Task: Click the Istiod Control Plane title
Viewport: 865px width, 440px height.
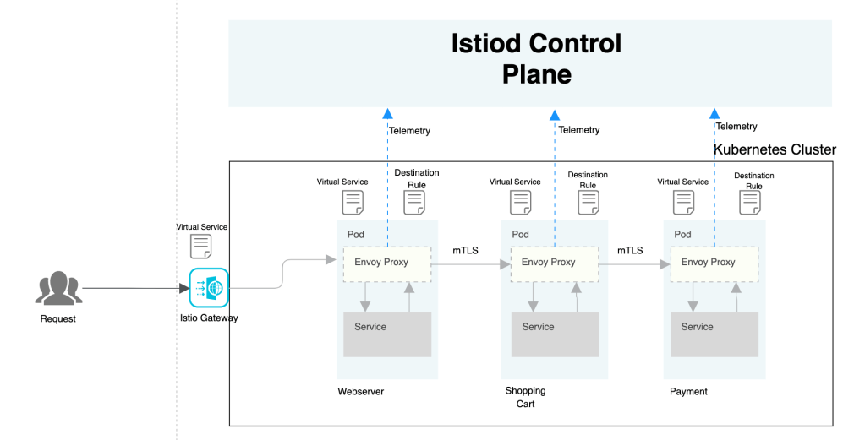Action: pos(537,58)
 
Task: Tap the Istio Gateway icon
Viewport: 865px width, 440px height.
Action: pos(208,288)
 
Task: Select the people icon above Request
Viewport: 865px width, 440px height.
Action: pos(58,289)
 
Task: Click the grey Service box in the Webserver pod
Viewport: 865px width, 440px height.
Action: pos(386,334)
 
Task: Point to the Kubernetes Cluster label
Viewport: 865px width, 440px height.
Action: pos(775,149)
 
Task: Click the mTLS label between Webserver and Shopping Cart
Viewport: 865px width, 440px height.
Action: pos(465,250)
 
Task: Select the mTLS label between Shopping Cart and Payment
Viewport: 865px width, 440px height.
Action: pos(630,250)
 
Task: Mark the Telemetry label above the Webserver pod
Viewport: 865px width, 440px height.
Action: pos(409,130)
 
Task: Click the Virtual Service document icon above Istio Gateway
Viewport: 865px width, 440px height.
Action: pos(201,246)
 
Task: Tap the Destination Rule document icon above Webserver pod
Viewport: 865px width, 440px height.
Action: pos(414,202)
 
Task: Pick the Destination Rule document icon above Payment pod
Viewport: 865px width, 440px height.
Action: pos(750,202)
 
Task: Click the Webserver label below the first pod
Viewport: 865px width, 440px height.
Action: pos(360,391)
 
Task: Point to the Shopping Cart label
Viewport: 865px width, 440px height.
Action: pos(525,397)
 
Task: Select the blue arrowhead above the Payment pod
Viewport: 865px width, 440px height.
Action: pos(714,113)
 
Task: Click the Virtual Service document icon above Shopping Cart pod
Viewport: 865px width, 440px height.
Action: pos(520,202)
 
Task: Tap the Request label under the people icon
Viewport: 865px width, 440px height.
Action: pos(57,318)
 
